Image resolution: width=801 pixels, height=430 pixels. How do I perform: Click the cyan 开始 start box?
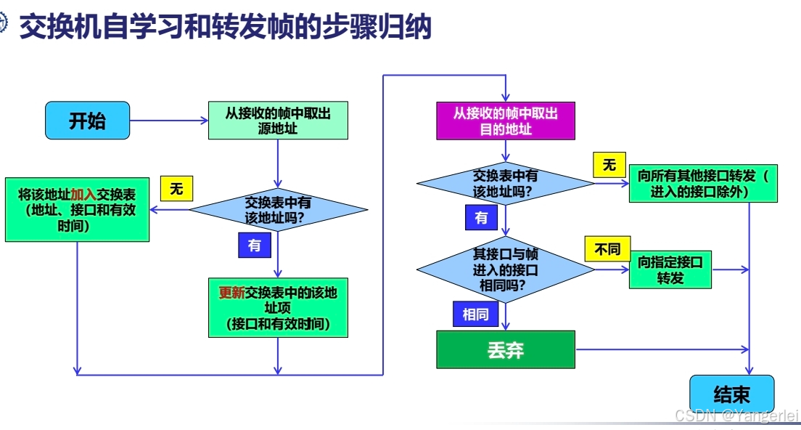point(87,121)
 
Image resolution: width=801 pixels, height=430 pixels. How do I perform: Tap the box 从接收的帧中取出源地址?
point(278,121)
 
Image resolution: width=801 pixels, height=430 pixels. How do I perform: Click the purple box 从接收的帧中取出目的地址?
point(506,121)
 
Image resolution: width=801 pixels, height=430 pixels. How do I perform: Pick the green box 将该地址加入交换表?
point(77,210)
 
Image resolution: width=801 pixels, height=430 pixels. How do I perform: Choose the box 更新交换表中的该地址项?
point(278,308)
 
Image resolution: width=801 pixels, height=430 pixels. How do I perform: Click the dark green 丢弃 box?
point(506,350)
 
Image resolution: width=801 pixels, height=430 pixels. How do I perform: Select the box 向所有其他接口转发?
point(702,183)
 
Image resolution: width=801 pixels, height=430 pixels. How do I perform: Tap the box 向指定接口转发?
point(670,269)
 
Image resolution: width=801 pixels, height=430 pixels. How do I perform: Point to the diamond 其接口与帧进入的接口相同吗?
point(506,269)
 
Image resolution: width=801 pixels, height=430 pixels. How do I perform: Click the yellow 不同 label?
point(607,249)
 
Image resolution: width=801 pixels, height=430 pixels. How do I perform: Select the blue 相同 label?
point(475,315)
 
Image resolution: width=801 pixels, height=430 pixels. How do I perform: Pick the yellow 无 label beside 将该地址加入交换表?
point(176,190)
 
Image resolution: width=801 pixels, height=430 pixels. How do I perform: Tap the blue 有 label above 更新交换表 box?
point(254,246)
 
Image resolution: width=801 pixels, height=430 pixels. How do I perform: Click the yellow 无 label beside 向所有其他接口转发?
point(609,165)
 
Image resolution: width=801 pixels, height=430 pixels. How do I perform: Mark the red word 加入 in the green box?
point(84,195)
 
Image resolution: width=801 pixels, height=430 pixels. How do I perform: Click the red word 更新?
point(232,293)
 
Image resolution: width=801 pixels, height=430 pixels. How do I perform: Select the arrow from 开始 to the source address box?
point(168,121)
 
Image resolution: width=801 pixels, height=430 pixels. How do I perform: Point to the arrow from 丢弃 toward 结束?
point(660,350)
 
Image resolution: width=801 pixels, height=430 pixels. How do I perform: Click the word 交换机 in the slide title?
point(51,28)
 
